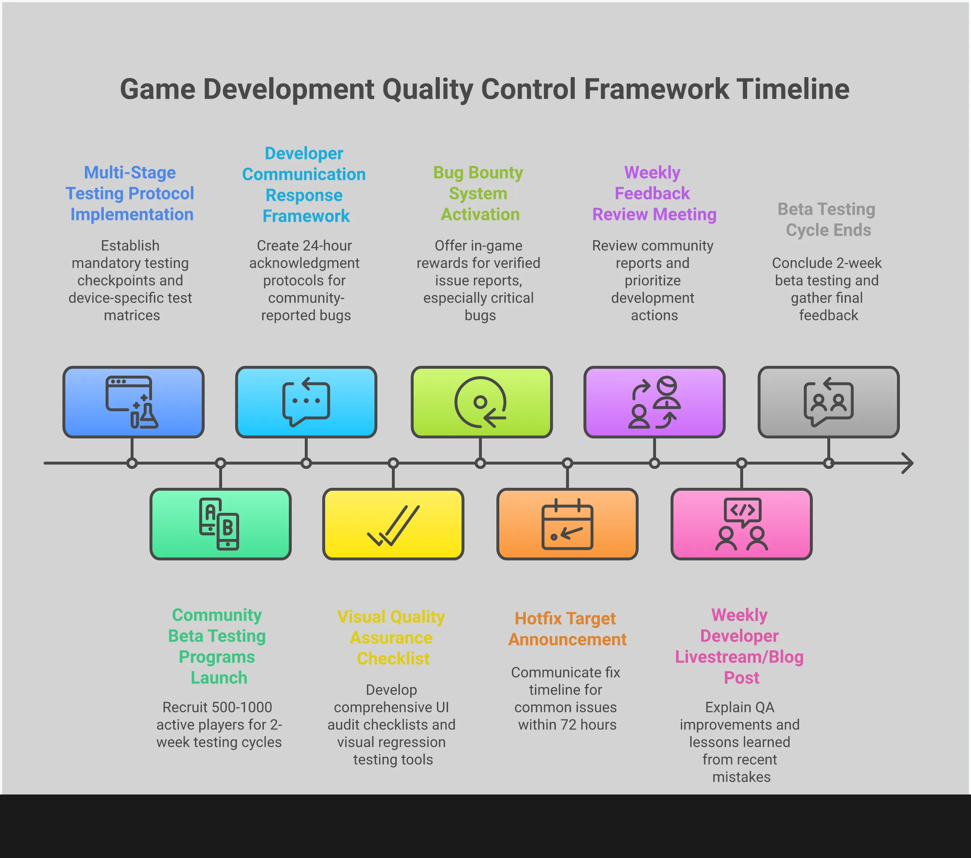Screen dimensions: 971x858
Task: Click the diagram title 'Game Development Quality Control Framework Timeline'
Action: pyautogui.click(x=484, y=89)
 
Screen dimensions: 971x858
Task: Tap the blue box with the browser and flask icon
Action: pyautogui.click(x=134, y=402)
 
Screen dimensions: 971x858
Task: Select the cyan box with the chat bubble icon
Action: pyautogui.click(x=306, y=402)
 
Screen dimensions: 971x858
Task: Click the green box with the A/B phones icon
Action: pyautogui.click(x=220, y=524)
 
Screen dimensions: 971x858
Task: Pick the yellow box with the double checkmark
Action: pyautogui.click(x=393, y=524)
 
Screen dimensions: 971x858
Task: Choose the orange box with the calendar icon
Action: pyautogui.click(x=567, y=524)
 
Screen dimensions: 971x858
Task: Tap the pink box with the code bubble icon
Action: pyautogui.click(x=742, y=524)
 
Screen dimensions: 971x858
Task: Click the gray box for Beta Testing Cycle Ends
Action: pyautogui.click(x=828, y=402)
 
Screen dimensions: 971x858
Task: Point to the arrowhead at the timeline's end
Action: pyautogui.click(x=908, y=463)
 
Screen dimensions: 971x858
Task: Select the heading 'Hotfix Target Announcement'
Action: pyautogui.click(x=567, y=629)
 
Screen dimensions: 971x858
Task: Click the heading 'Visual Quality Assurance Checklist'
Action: pyautogui.click(x=392, y=638)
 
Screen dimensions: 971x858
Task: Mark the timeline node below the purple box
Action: pyautogui.click(x=655, y=463)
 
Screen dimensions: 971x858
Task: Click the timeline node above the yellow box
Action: pyautogui.click(x=393, y=463)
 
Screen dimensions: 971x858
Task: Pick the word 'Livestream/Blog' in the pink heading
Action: pyautogui.click(x=739, y=657)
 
